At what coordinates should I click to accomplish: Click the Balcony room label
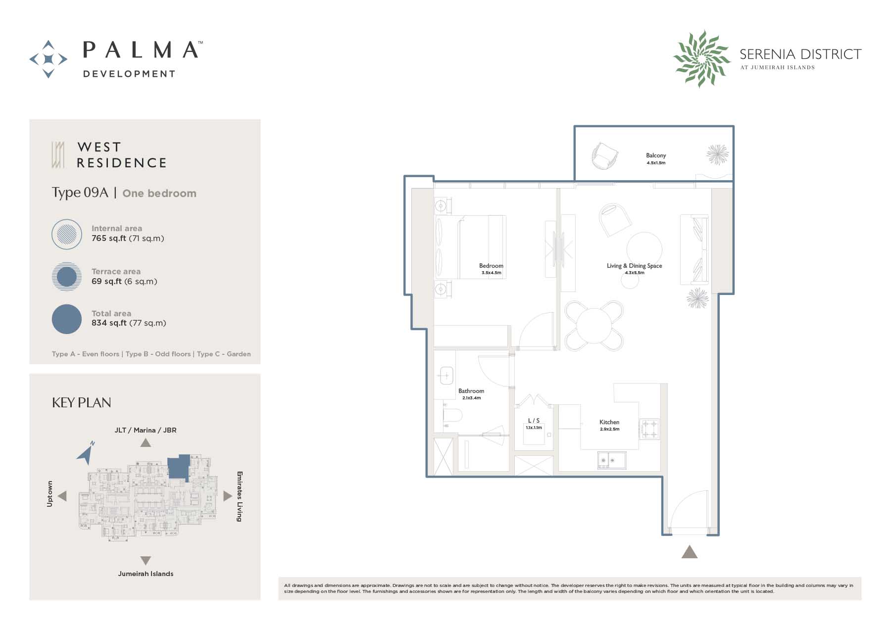coord(656,155)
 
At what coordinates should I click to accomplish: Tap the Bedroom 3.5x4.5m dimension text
coord(492,273)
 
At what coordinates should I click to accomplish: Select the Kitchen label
coord(609,422)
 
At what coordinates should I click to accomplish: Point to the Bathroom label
coord(471,391)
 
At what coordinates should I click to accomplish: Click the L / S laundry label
coord(534,421)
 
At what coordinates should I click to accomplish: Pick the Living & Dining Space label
coord(635,266)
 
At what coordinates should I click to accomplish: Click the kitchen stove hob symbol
coord(649,429)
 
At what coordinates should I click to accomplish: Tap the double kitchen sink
coord(611,460)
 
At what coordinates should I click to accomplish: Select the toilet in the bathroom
coord(452,415)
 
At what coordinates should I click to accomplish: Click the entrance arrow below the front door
coord(690,552)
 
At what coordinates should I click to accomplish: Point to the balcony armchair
coord(605,155)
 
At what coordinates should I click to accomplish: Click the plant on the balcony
coord(717,154)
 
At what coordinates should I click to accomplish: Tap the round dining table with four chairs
coord(594,326)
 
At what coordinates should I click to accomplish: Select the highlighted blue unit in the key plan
coord(179,467)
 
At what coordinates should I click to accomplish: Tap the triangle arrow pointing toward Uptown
coord(62,495)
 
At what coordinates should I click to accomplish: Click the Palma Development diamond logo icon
coord(49,59)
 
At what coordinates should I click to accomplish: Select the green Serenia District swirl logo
coord(702,58)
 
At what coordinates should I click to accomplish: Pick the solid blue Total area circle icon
coord(67,319)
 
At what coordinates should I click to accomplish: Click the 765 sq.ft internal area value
coord(109,239)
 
